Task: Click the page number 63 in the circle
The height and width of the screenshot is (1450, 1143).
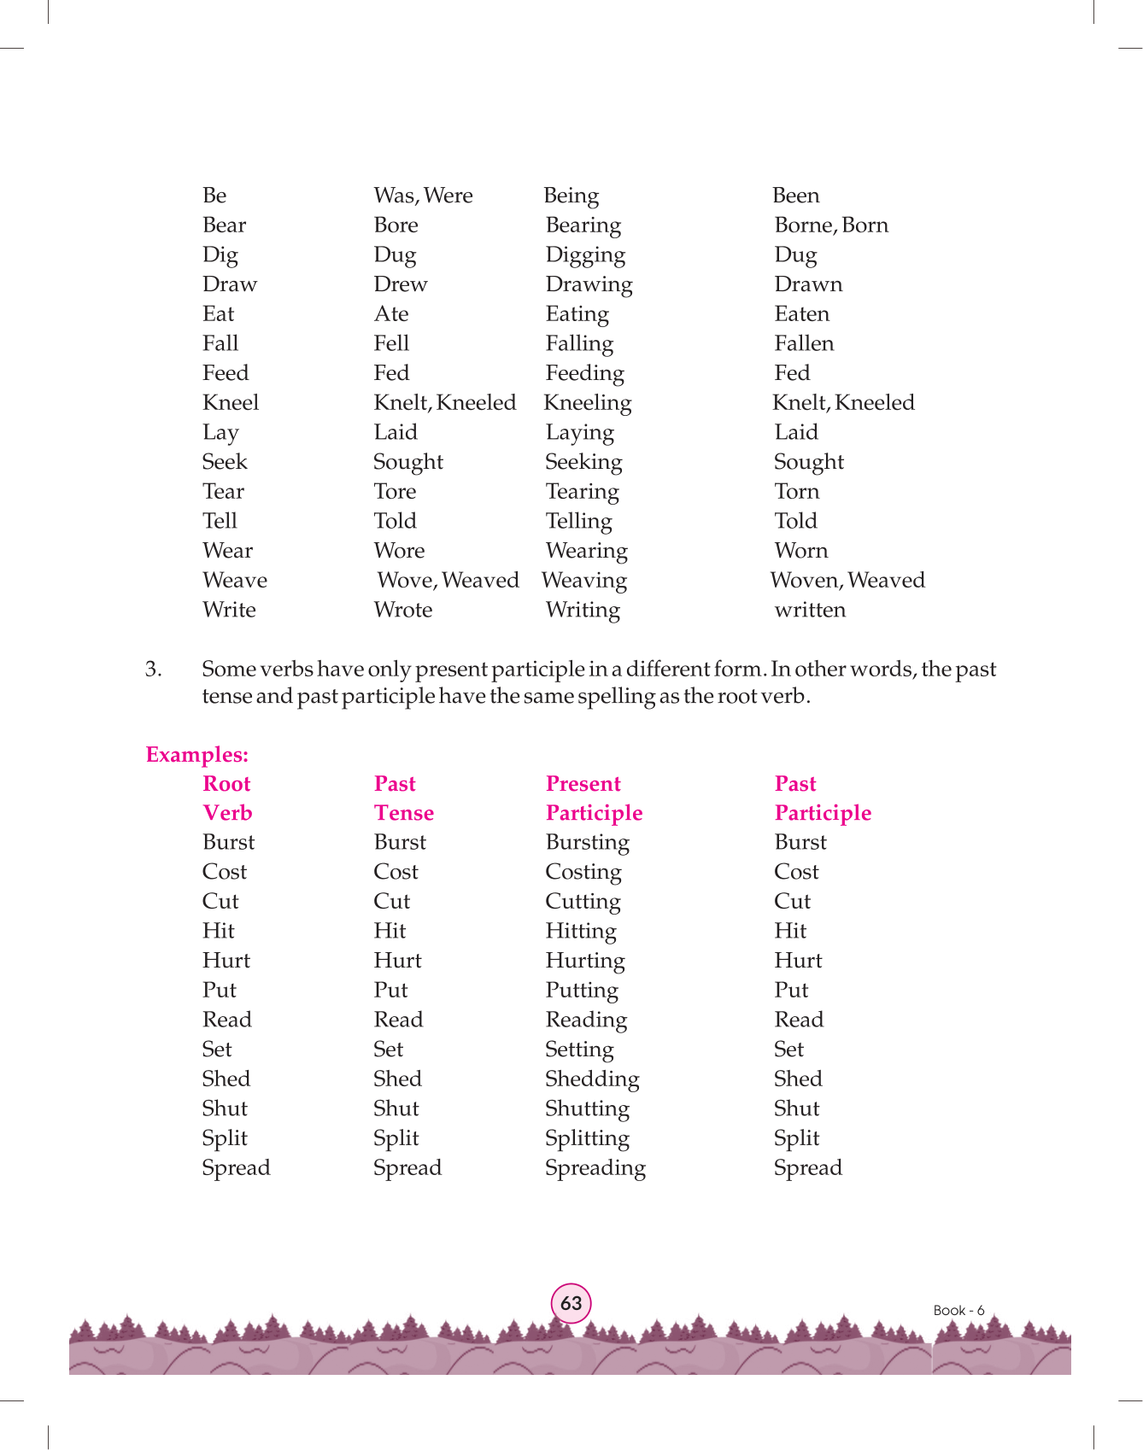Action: tap(571, 1303)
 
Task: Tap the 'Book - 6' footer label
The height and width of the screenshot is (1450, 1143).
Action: tap(958, 1310)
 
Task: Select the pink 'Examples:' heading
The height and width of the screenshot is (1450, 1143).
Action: tap(196, 755)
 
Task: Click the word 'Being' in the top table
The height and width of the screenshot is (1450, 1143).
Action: tap(571, 196)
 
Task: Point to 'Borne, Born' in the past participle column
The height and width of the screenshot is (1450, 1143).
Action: tap(830, 225)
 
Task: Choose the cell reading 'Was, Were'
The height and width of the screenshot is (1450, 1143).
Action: tap(423, 196)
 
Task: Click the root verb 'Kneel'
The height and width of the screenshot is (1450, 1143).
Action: tap(231, 402)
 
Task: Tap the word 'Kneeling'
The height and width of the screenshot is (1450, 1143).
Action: tap(588, 403)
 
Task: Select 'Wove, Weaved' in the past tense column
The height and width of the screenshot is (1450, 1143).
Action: tap(448, 581)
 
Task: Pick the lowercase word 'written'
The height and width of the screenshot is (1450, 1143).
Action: tap(810, 610)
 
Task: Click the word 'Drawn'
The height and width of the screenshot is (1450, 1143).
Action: tap(808, 284)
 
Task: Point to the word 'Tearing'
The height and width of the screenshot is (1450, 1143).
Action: tap(582, 492)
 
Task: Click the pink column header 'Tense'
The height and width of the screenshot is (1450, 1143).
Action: tap(403, 813)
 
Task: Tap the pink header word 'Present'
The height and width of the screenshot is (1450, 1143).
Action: tap(583, 784)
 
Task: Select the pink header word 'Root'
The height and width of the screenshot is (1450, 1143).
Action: tap(226, 784)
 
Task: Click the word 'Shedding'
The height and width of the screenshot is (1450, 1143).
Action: tap(592, 1079)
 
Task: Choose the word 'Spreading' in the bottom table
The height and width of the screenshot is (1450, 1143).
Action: tap(595, 1168)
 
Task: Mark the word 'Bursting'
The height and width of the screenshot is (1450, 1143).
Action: tap(587, 843)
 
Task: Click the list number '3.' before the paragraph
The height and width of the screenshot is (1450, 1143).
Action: tap(154, 669)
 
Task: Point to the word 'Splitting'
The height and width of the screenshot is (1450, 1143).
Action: tap(587, 1138)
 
